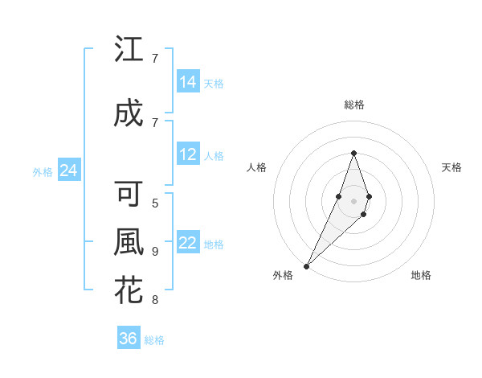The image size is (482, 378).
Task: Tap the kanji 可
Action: pyautogui.click(x=129, y=194)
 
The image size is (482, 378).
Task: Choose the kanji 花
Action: pyautogui.click(x=129, y=290)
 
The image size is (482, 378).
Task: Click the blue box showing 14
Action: pyautogui.click(x=187, y=82)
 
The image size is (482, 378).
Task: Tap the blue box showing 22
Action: pyautogui.click(x=187, y=244)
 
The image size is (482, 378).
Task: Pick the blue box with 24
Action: pyautogui.click(x=68, y=171)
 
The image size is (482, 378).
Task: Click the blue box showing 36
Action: pyautogui.click(x=128, y=339)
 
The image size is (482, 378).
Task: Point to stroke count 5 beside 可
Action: pyautogui.click(x=155, y=203)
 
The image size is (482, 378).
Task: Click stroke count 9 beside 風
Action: pyautogui.click(x=155, y=252)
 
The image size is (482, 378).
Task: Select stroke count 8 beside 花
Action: pyautogui.click(x=155, y=300)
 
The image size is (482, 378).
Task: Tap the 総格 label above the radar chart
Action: pyautogui.click(x=353, y=105)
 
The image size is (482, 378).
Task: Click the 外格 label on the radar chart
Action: pyautogui.click(x=283, y=275)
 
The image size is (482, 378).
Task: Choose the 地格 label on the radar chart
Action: pyautogui.click(x=421, y=275)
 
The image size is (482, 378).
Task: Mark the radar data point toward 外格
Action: pyautogui.click(x=306, y=265)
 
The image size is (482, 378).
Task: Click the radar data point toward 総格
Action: pyautogui.click(x=353, y=153)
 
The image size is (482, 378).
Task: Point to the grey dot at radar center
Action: pyautogui.click(x=353, y=201)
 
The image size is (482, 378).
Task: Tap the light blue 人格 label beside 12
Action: pyautogui.click(x=214, y=155)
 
